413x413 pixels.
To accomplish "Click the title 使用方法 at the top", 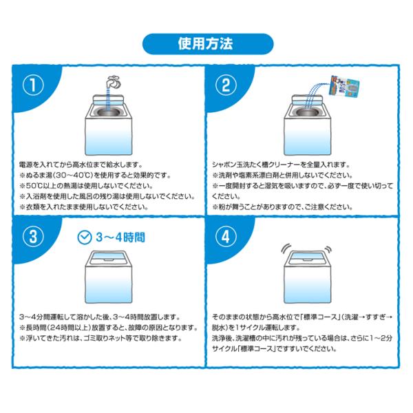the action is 205,44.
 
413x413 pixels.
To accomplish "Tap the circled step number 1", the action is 33,85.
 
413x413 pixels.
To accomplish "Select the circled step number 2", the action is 226,85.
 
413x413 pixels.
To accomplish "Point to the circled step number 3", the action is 33,237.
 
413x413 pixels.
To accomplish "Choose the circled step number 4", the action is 226,237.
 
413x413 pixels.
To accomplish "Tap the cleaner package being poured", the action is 345,85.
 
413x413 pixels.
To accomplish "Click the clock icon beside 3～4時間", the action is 85,237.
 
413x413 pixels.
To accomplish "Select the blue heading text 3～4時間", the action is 120,237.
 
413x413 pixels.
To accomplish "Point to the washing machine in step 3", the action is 108,277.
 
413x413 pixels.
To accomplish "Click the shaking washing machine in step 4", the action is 308,277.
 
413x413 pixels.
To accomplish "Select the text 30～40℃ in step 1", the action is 75,175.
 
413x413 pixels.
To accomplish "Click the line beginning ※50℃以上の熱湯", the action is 87,186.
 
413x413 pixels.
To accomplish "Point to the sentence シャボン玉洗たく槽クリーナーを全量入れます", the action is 281,165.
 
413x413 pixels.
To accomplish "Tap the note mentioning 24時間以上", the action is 109,328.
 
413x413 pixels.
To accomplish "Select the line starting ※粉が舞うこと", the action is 283,206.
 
